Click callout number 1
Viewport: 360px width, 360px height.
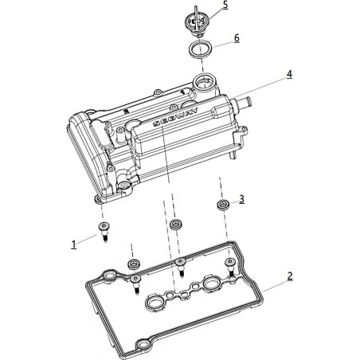[74, 245]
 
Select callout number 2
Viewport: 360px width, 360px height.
[290, 276]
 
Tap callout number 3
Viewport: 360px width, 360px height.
[241, 199]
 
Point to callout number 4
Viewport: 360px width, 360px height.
[289, 74]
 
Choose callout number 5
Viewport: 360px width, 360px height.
[225, 5]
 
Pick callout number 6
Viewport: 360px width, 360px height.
[237, 38]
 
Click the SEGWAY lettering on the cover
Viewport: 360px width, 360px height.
[176, 116]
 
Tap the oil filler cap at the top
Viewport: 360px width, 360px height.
[197, 22]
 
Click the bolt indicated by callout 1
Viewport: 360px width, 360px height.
[104, 230]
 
